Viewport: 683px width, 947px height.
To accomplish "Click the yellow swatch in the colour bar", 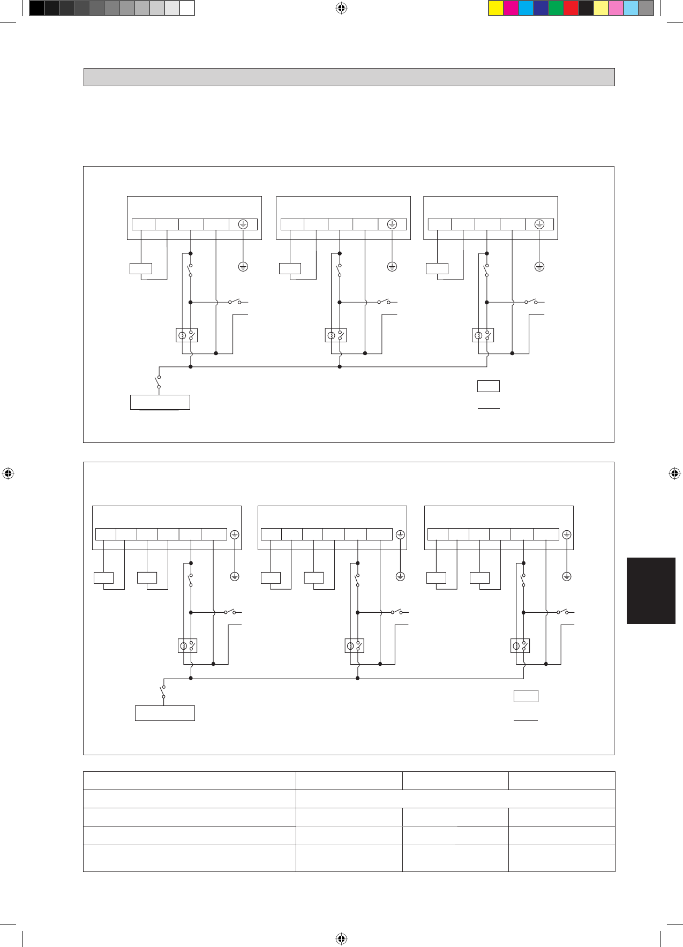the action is point(496,8).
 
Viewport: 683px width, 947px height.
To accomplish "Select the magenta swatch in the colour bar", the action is point(511,8).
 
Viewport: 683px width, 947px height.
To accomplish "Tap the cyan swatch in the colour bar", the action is point(526,8).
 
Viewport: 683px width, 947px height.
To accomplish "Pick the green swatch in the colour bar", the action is point(556,8).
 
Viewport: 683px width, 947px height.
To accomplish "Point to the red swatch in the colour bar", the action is point(571,8).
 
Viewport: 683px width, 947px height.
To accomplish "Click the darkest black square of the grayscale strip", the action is point(36,8).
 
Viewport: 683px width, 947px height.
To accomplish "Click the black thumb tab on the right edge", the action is point(651,590).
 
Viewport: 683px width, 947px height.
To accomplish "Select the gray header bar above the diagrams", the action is point(349,77).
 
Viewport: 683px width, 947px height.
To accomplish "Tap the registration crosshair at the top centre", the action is point(341,8).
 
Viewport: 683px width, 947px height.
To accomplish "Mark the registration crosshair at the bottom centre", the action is point(341,938).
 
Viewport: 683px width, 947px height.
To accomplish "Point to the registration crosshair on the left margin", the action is point(7,473).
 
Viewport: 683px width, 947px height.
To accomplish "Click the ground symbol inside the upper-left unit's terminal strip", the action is point(243,224).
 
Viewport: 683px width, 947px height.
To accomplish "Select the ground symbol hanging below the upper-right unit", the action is point(539,266).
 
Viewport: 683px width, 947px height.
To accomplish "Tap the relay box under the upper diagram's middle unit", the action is point(336,335).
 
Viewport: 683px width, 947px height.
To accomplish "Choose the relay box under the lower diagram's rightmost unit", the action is point(520,645).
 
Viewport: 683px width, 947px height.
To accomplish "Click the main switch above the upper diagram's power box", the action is point(159,382).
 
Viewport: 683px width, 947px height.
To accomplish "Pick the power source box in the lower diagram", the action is point(165,713).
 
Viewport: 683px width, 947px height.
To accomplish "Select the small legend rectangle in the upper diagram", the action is point(489,386).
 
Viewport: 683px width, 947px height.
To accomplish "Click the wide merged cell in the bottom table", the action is point(455,799).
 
